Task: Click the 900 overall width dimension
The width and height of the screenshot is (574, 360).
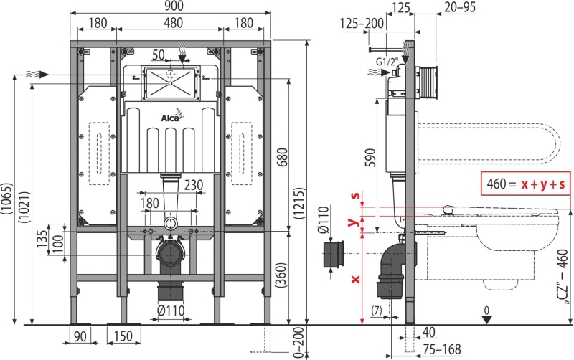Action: [x=174, y=6]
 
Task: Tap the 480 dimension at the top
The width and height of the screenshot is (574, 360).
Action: [x=173, y=23]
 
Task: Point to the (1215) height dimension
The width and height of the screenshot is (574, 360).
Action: [x=299, y=204]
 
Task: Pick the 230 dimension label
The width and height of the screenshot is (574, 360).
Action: [x=194, y=185]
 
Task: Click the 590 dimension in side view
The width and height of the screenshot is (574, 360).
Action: [x=370, y=158]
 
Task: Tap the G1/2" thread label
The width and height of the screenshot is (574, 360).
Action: [x=387, y=62]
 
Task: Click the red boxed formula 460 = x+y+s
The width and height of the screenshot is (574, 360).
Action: [x=525, y=184]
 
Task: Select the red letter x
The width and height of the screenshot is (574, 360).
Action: [x=355, y=280]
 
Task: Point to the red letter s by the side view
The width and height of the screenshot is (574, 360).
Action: [x=354, y=195]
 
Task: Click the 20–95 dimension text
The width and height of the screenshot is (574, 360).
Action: [x=460, y=7]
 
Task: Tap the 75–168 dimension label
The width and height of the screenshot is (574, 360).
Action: [x=442, y=349]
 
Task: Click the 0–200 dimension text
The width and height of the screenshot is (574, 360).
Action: [x=299, y=342]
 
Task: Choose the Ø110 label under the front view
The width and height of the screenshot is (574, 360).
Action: [x=171, y=311]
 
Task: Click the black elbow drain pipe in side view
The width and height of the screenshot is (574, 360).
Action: [x=392, y=270]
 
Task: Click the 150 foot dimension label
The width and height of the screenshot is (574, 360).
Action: [x=123, y=336]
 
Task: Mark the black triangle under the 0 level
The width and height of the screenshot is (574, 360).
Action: [x=486, y=320]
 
